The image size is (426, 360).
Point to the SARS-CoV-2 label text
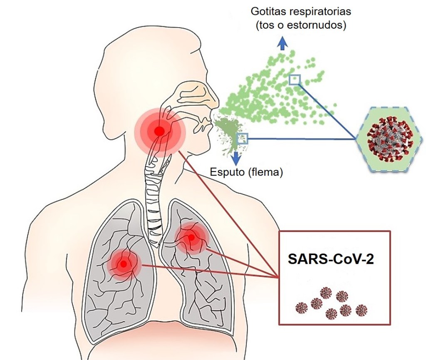[x=331, y=259]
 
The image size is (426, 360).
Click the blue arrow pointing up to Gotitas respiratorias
[x=282, y=42]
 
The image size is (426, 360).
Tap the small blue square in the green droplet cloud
[x=295, y=79]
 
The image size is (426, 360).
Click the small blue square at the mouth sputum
[x=242, y=139]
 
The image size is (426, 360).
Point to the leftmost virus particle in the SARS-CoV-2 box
[x=301, y=308]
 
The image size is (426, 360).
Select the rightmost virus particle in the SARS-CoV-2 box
[x=361, y=309]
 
